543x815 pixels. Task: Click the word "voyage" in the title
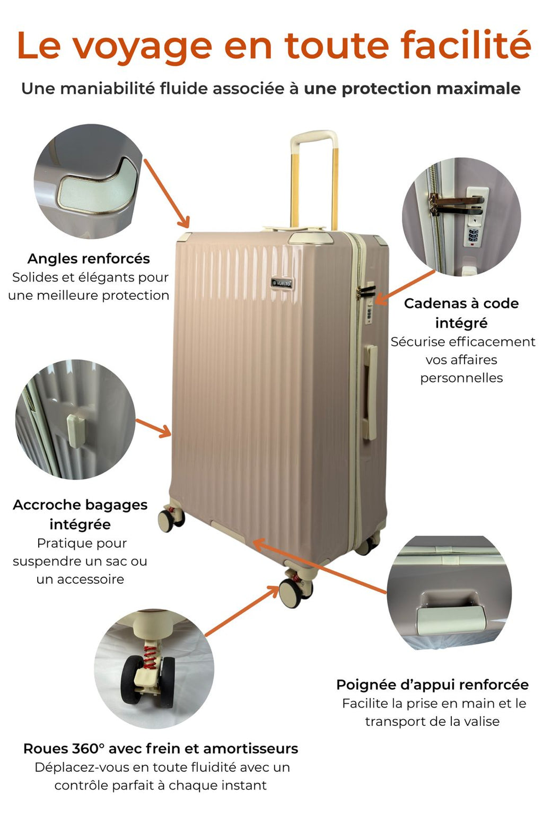143,47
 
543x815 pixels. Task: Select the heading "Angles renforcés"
89,259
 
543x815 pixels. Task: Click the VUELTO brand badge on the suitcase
282,283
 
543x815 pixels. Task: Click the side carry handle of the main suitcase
370,392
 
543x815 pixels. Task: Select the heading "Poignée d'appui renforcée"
432,685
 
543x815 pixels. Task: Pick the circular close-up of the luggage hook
75,419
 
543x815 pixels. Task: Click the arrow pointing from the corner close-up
167,193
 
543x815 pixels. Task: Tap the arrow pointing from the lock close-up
405,287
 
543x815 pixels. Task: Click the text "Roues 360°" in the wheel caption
64,749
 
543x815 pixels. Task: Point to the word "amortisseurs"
250,749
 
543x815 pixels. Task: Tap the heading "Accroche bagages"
80,505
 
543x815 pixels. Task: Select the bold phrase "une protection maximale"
412,89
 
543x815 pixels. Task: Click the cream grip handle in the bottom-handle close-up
451,621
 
